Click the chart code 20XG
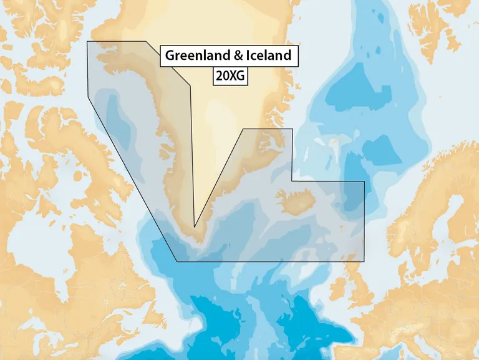click(x=230, y=75)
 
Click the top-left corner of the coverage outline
click(x=87, y=42)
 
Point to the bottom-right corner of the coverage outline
click(x=364, y=261)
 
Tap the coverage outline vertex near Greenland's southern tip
click(x=195, y=227)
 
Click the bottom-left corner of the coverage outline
click(x=177, y=261)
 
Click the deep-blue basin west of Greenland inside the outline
click(x=119, y=119)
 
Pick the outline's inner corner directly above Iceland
click(x=292, y=182)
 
